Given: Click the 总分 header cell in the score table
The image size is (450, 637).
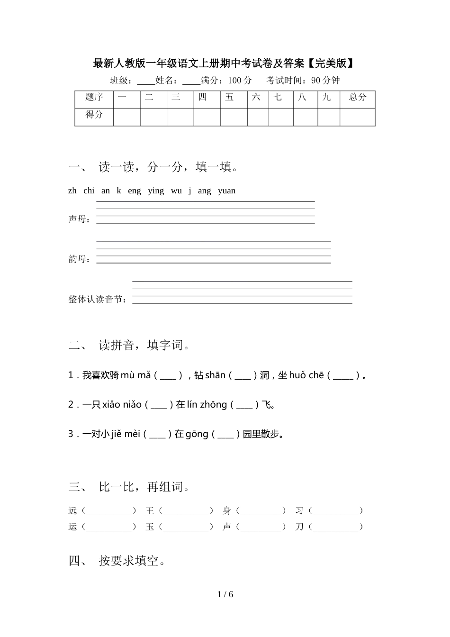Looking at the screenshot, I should [358, 97].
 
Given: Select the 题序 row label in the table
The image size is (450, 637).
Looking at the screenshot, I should [94, 97].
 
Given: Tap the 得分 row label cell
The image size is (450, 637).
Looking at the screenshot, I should [94, 114].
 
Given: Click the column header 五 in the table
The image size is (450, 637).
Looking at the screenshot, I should [230, 97].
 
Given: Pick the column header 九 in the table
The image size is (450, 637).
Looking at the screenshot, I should [327, 97].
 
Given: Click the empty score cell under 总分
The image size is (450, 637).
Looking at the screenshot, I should [358, 117].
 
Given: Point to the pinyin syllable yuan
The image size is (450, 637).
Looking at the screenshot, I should [226, 191].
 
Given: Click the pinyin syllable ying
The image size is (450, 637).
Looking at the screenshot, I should [156, 191].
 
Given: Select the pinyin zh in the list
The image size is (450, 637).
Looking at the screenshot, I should [72, 191].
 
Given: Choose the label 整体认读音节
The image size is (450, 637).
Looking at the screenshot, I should [98, 299].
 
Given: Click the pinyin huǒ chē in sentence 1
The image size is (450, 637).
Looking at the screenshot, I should [306, 375].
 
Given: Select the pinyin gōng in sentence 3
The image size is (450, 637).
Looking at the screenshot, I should [197, 434].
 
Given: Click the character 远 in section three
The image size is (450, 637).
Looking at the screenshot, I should [72, 510].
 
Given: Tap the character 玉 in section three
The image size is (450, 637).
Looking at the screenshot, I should [150, 527].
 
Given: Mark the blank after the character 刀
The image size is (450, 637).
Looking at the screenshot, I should [336, 527].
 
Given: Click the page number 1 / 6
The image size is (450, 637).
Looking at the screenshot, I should [225, 594].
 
